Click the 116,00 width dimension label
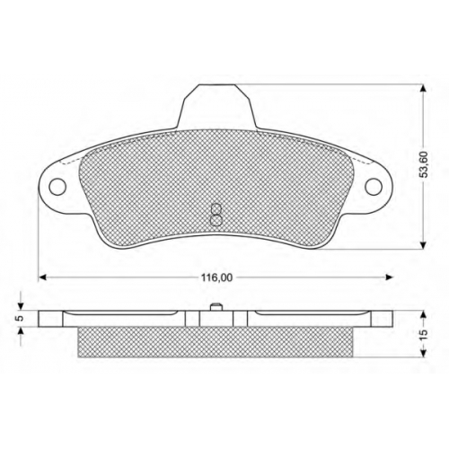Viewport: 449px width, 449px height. [x=216, y=277]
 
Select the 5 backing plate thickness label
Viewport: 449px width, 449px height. [x=21, y=319]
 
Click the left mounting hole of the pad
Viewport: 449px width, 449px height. [x=57, y=188]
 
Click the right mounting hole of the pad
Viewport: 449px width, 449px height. [x=374, y=186]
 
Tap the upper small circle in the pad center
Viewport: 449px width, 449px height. [x=216, y=209]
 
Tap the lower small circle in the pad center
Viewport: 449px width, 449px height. [x=216, y=221]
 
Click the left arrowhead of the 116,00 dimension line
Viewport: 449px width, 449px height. [x=43, y=277]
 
